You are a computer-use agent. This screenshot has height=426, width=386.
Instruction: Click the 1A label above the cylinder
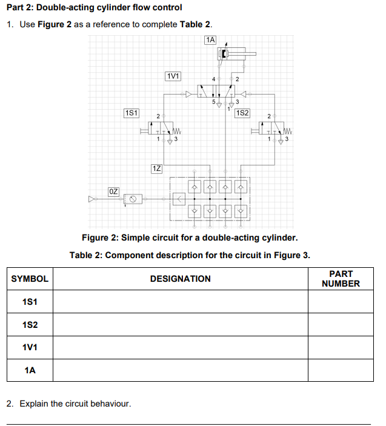pos(210,40)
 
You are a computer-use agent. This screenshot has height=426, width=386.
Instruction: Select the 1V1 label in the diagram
pos(173,76)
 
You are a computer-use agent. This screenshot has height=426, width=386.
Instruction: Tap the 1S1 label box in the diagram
pos(131,113)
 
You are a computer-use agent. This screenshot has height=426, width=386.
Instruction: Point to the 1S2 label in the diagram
pos(242,113)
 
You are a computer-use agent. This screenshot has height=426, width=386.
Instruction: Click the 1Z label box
pos(156,168)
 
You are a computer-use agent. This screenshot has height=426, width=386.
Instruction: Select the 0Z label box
pos(114,191)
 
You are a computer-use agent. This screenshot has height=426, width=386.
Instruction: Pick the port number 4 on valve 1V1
pos(213,79)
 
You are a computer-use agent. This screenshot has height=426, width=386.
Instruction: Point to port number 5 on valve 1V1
pos(213,102)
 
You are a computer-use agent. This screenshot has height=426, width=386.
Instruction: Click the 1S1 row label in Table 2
pos(30,302)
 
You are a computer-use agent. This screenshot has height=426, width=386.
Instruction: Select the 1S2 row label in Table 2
pos(30,325)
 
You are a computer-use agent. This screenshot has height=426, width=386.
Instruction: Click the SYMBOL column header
pos(30,279)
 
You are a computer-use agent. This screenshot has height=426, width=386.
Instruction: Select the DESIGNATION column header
pos(181,279)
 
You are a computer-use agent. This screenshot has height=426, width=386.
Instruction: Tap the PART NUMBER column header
pos(341,279)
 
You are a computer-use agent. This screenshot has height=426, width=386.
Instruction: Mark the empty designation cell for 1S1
pos(181,302)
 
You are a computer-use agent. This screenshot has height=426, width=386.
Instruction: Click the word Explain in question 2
pos(34,403)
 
